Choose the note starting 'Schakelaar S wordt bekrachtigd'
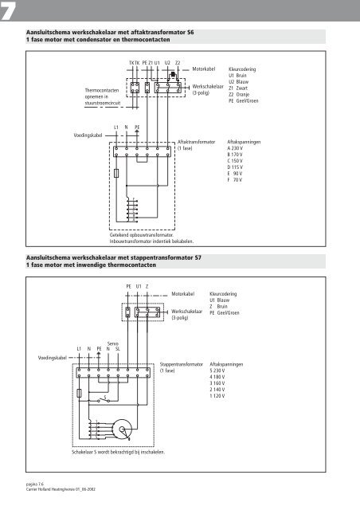(118, 452)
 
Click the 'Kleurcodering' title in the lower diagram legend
(225, 294)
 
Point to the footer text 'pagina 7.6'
(28, 484)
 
